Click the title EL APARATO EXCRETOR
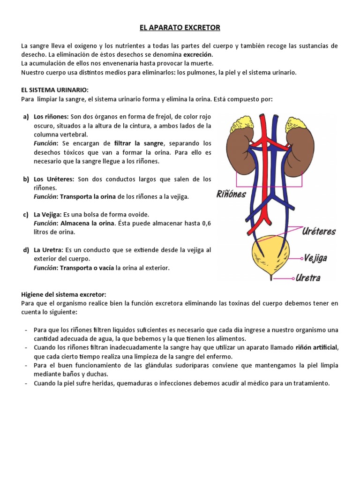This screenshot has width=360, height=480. click(180, 28)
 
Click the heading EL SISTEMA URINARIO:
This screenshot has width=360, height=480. click(55, 90)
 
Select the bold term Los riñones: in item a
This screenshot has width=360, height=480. click(51, 116)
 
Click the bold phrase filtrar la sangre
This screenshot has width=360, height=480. click(139, 143)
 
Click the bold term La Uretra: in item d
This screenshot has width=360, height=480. click(48, 250)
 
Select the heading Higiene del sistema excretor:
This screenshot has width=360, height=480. click(64, 294)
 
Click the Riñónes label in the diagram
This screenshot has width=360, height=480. click(231, 194)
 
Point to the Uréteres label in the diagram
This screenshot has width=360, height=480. click(319, 232)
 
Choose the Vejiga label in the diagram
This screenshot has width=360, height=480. click(315, 258)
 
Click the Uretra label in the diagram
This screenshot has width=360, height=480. click(308, 278)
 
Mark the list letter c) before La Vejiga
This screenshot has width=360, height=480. click(26, 215)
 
